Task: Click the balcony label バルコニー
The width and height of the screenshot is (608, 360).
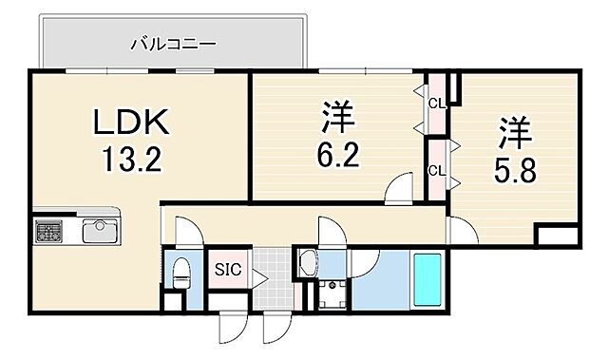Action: pyautogui.click(x=173, y=44)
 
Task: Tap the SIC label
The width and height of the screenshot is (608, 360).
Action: pyautogui.click(x=229, y=270)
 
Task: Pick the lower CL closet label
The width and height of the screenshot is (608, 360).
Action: pyautogui.click(x=436, y=171)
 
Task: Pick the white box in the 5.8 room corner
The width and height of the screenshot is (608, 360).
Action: pyautogui.click(x=557, y=237)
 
